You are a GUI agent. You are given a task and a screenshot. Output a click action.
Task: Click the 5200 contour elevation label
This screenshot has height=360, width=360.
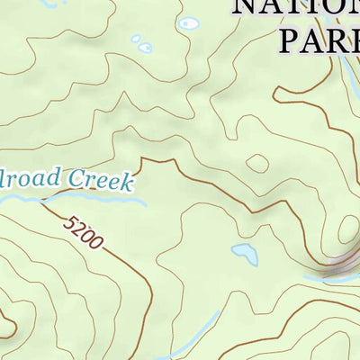[x=84, y=230]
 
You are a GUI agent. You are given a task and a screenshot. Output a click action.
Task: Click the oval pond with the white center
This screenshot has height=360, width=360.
[x=188, y=23]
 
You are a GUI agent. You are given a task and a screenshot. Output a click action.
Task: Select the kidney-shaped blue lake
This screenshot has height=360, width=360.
[x=244, y=254]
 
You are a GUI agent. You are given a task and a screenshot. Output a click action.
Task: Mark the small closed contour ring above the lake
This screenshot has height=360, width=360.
[x=257, y=164]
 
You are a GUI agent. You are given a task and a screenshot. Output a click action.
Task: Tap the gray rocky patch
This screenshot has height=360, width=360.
[x=337, y=265]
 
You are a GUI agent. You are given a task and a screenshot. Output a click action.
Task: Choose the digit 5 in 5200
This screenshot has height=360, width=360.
[x=70, y=220]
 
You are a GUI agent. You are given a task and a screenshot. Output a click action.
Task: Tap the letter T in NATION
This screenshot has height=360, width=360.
[x=302, y=8]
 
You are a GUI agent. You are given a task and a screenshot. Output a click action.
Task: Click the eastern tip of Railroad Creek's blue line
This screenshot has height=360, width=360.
[x=145, y=203]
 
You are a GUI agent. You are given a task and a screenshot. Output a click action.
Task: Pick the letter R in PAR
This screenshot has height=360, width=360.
[x=347, y=40]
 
